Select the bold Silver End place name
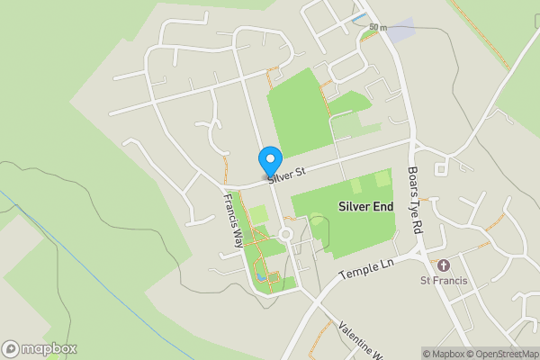(365, 206)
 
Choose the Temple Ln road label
(367, 267)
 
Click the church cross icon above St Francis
(443, 265)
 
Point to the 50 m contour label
(377, 28)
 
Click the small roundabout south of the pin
(287, 234)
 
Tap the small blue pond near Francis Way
(260, 278)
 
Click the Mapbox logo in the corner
(39, 348)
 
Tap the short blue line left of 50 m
(359, 17)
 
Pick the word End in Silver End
(382, 206)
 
